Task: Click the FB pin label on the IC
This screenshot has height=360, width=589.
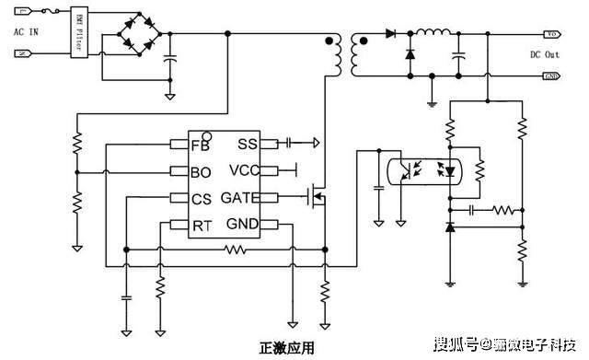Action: (200, 145)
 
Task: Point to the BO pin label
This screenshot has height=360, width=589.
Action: (201, 171)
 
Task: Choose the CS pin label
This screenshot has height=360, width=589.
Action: (201, 198)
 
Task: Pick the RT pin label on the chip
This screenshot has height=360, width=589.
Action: (201, 225)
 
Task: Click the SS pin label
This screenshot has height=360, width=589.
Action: (248, 144)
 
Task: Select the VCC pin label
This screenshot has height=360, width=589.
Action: (244, 170)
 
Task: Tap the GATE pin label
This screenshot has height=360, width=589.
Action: (239, 198)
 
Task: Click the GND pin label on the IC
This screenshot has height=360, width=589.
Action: (243, 225)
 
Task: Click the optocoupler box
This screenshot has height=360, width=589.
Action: (422, 171)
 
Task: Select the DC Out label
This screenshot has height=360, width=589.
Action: (545, 54)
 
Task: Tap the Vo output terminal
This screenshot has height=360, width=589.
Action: (552, 34)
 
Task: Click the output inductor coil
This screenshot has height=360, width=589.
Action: (433, 35)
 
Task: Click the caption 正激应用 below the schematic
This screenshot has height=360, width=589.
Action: (287, 348)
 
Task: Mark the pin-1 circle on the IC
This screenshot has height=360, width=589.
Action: (207, 134)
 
